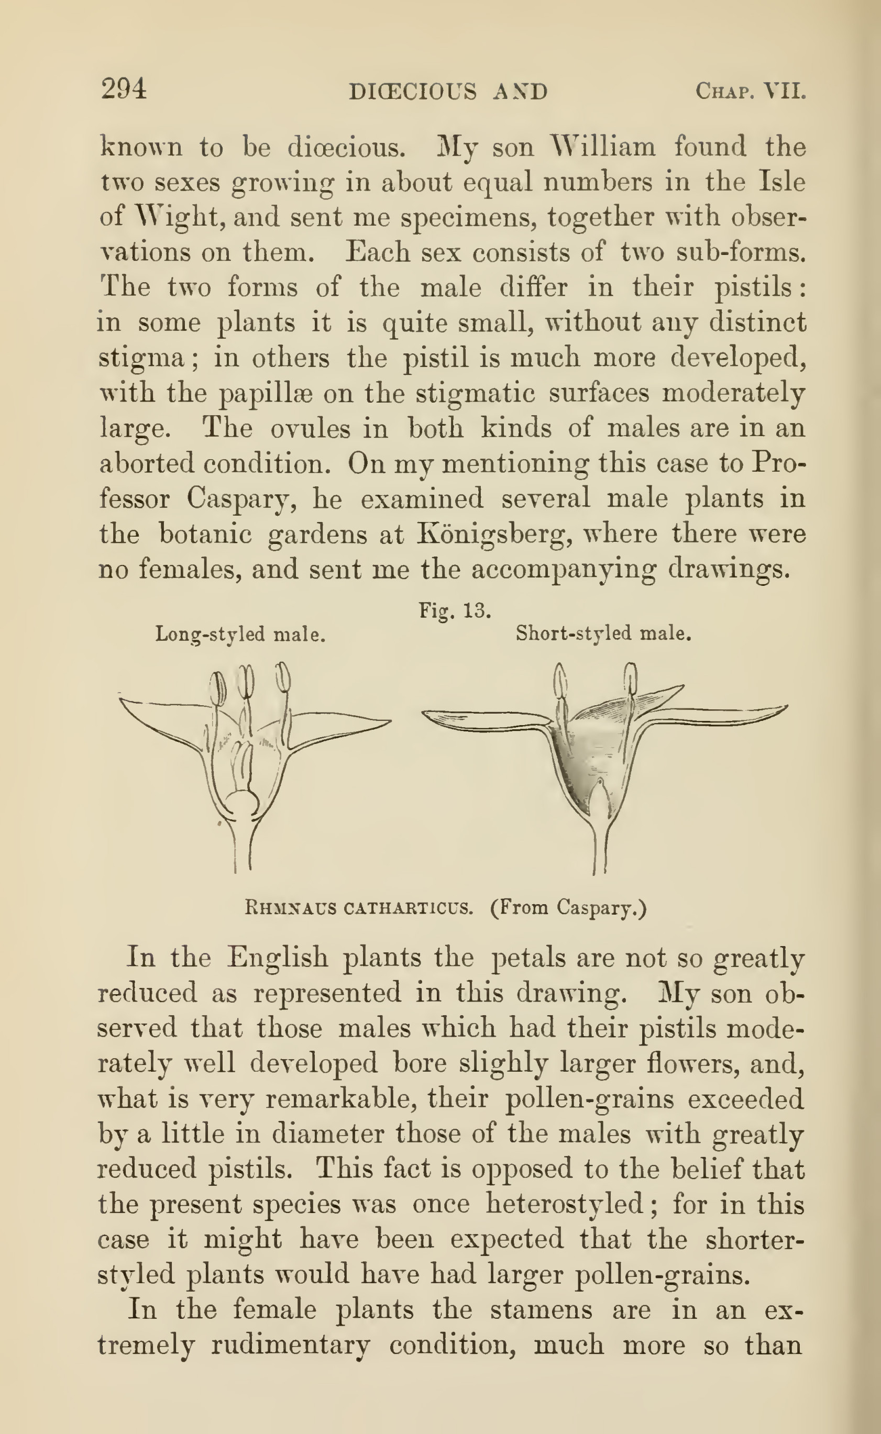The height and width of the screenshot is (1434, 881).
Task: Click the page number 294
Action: (x=124, y=90)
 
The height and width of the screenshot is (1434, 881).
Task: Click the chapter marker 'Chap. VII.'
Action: (x=750, y=92)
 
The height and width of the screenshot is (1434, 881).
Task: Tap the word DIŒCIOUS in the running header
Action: (x=412, y=92)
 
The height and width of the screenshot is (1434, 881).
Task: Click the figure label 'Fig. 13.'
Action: (x=455, y=610)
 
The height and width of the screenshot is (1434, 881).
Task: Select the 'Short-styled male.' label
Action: (x=603, y=633)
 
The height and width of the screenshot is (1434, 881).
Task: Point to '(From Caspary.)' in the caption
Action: (x=568, y=907)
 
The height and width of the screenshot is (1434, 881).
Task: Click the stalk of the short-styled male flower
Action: (x=600, y=850)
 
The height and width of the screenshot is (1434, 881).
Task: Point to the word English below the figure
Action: (x=278, y=957)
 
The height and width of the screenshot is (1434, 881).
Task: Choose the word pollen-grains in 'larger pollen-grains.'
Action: (x=662, y=1275)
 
